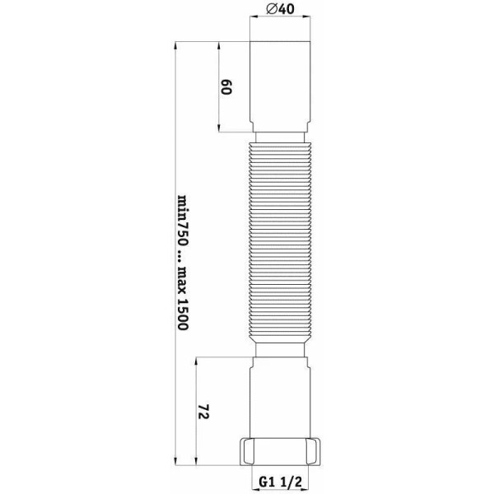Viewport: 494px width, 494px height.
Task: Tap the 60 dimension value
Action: click(x=228, y=87)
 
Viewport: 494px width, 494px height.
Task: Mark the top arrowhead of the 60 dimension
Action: click(x=219, y=46)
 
